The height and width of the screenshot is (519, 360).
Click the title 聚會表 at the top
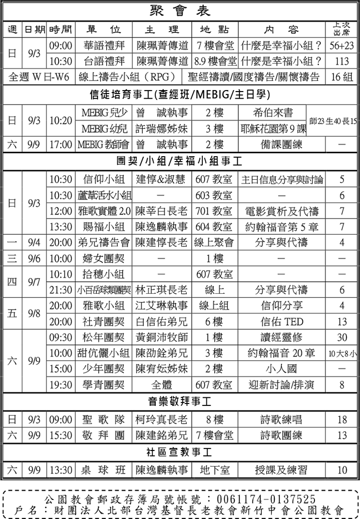(x=180, y=11)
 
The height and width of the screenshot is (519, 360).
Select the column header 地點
(x=214, y=29)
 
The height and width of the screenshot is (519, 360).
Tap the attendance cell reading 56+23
(x=342, y=46)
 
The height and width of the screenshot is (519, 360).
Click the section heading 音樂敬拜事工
(x=179, y=402)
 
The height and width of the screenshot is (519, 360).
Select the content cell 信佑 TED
(x=281, y=321)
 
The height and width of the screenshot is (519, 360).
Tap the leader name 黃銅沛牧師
(x=162, y=337)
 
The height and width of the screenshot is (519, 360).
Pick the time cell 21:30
(x=61, y=290)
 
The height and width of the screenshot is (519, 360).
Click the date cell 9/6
(x=34, y=258)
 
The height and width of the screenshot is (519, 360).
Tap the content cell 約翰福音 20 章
(x=281, y=353)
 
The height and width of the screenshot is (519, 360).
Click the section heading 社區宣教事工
(x=179, y=452)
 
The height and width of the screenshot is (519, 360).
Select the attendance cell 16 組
(x=342, y=77)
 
